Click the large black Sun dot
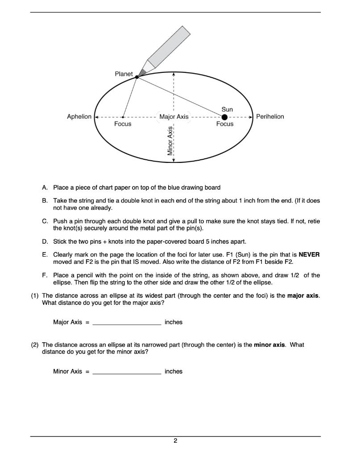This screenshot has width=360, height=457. point(224,117)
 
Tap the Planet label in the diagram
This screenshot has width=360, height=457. point(124,74)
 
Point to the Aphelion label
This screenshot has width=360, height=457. point(79,116)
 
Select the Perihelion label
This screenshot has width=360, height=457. point(270,116)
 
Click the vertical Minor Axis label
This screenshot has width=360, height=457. point(170,141)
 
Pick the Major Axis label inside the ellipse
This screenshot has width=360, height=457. point(174,117)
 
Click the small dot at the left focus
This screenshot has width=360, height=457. point(123,117)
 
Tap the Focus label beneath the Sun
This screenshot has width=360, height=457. point(224,124)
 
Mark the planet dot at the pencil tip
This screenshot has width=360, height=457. point(137,77)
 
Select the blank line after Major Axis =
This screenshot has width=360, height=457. point(127,323)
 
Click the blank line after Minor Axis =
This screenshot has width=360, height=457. point(127,372)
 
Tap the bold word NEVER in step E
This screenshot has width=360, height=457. point(309,254)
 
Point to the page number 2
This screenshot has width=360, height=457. point(175,441)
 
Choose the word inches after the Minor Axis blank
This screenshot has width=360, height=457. point(174,371)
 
